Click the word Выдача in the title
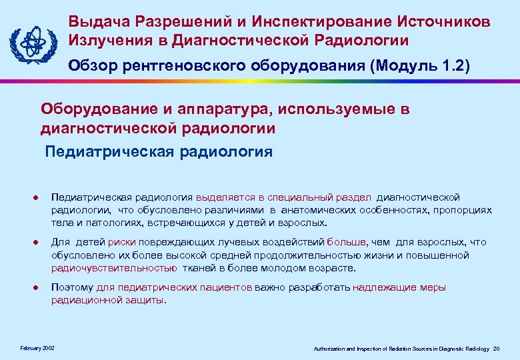tap(96, 22)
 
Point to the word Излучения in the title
tap(108, 41)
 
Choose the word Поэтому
tap(73, 287)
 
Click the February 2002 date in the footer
tap(38, 347)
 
